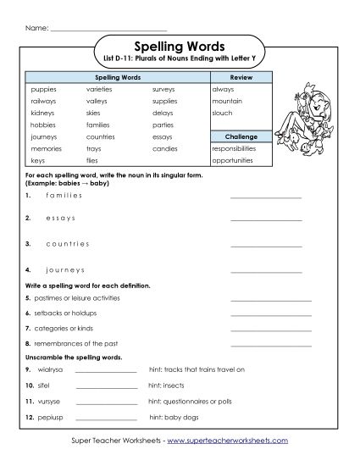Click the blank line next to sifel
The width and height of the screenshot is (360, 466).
tap(106, 385)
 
